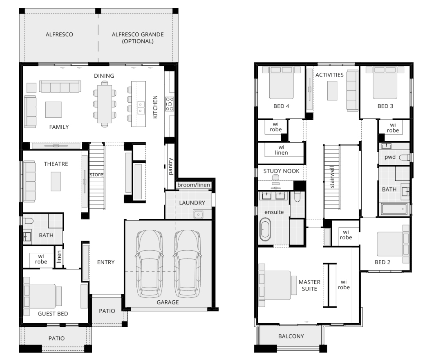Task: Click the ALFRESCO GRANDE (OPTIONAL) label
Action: click(x=138, y=38)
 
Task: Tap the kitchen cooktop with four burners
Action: click(x=170, y=104)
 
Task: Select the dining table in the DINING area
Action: click(x=105, y=104)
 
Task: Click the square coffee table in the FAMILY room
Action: click(x=54, y=110)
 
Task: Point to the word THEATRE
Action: click(x=56, y=164)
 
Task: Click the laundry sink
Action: click(x=199, y=215)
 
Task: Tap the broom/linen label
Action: click(x=194, y=185)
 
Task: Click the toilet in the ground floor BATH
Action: click(x=28, y=221)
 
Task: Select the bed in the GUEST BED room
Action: click(x=42, y=296)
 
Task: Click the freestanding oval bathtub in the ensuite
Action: click(x=265, y=229)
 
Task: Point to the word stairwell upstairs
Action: click(x=332, y=177)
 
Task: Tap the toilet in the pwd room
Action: click(x=405, y=157)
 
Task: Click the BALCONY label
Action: click(x=291, y=336)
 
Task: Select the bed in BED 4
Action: click(x=281, y=83)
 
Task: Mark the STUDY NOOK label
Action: click(x=281, y=171)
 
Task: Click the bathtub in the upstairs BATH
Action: click(x=394, y=209)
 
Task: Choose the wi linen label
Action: click(x=281, y=150)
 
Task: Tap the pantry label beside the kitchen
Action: click(x=170, y=166)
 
